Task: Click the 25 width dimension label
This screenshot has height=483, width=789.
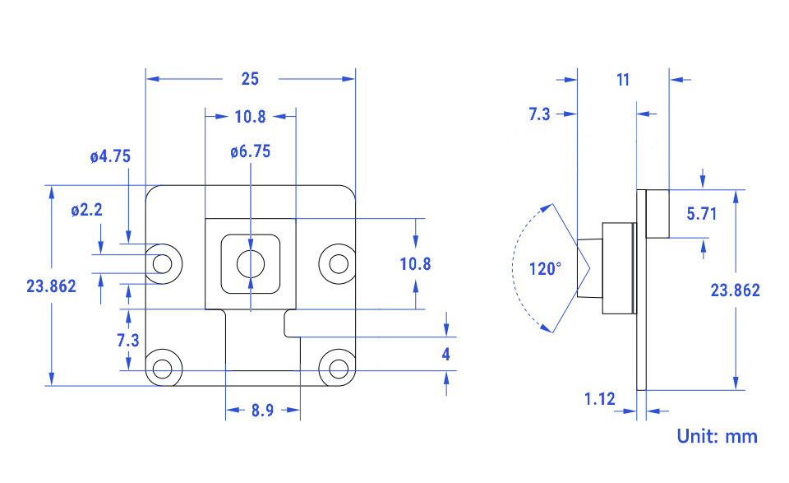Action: pos(250,79)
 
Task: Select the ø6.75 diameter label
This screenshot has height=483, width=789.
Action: pos(251,151)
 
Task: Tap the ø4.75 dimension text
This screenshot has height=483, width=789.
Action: pos(110,156)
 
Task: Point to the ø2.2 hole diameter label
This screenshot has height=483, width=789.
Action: pos(86,210)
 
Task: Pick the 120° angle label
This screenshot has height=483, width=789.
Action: pos(546,268)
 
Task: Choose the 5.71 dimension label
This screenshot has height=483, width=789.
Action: pos(702,214)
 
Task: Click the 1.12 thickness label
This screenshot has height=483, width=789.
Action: pos(599,399)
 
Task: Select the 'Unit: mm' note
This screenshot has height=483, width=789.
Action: pos(717,436)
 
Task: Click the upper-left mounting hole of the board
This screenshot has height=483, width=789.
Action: pos(164,263)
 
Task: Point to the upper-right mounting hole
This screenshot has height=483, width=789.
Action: pos(338,263)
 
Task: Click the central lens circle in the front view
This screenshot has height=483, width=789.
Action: pos(250,263)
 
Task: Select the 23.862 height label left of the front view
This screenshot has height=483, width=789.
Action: pos(51,286)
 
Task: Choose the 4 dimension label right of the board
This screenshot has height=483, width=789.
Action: pos(446,355)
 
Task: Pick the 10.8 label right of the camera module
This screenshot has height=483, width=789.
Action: pos(415,264)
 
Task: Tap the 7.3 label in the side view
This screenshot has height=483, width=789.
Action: pos(539,115)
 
